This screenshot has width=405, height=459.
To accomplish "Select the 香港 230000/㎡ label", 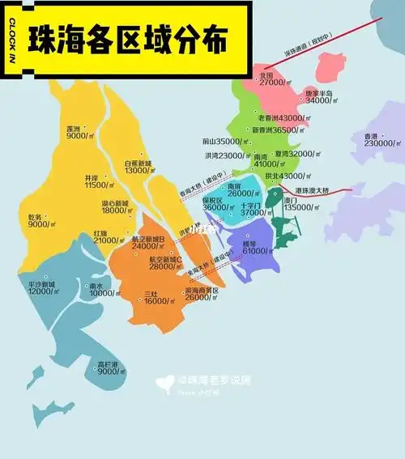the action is point(379,139).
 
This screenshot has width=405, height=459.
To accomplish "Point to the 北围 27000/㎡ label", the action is point(270,79).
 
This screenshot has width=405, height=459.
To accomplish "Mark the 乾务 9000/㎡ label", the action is point(39,221).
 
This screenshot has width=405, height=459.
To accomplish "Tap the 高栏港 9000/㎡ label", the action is point(109,368).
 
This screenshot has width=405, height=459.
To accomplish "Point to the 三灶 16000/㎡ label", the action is point(152,297).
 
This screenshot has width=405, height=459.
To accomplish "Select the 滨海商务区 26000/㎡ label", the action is point(203,293).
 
